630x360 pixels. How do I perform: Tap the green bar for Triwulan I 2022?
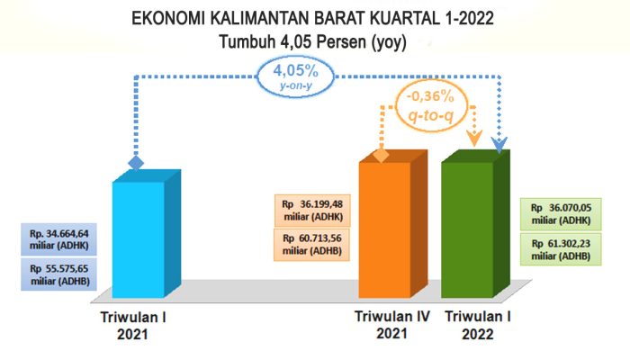(x=467, y=229)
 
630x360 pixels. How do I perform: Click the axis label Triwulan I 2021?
(x=133, y=325)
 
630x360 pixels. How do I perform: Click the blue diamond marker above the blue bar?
(x=136, y=164)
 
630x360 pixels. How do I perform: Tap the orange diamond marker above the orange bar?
(x=382, y=156)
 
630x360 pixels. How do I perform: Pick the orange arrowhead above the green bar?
(x=472, y=138)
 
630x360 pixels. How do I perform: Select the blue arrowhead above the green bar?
(x=499, y=143)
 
